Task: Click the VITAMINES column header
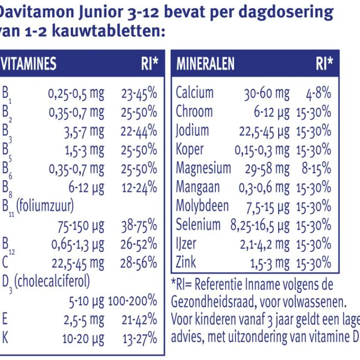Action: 29,64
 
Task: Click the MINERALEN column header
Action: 205,64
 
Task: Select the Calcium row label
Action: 194,93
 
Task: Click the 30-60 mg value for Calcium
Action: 267,93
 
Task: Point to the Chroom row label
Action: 194,112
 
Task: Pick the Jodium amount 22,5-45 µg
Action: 264,131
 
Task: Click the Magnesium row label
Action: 203,168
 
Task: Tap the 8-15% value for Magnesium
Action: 316,168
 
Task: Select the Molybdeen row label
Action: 202,206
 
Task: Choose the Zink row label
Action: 186,262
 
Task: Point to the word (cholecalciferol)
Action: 52,281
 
